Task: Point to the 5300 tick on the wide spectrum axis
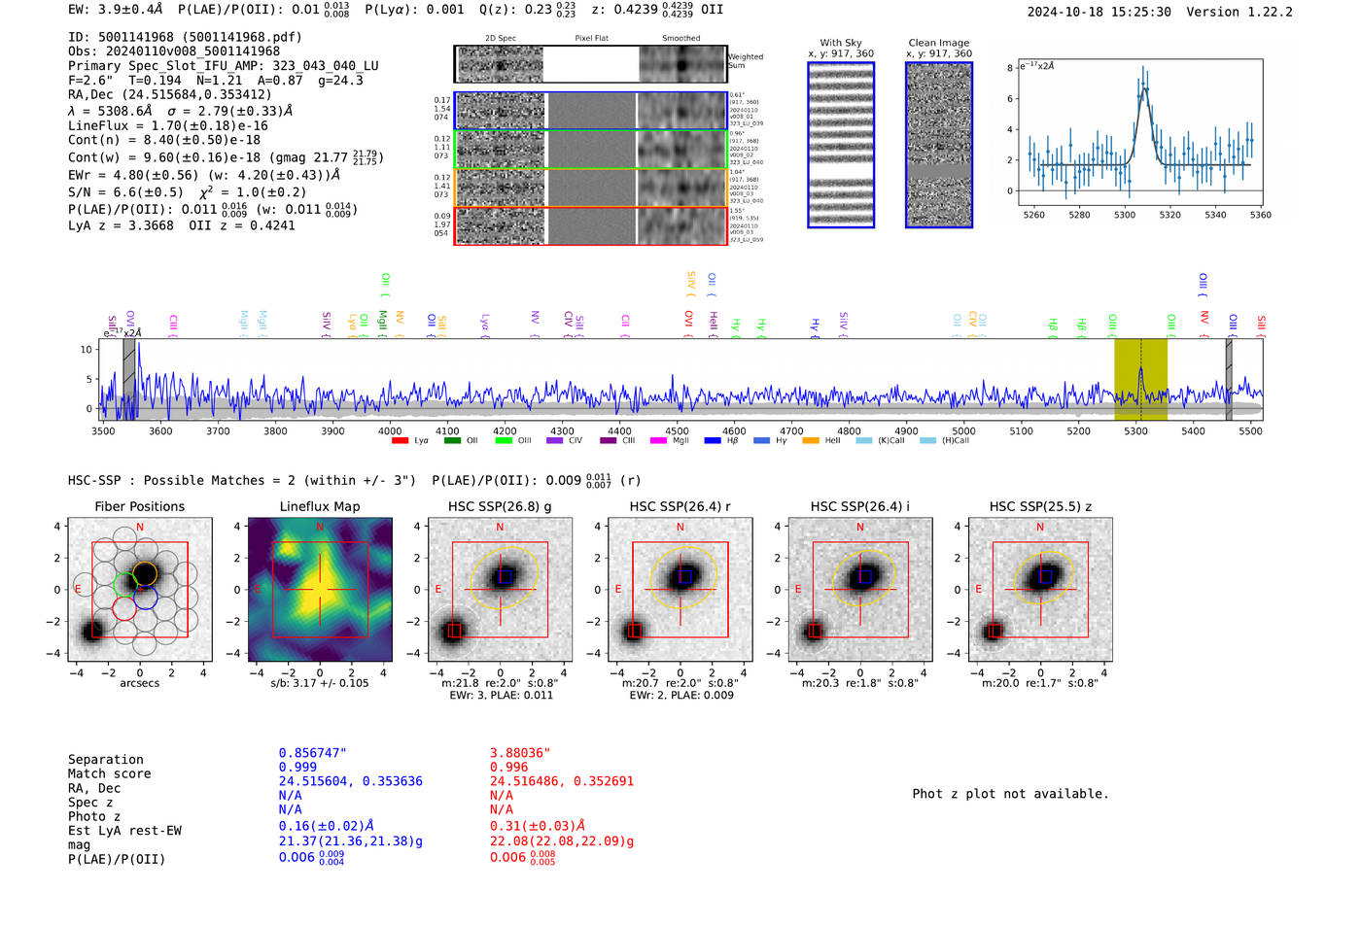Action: click(x=1135, y=430)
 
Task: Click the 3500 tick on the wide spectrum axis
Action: click(x=103, y=430)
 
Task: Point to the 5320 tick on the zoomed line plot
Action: click(x=1169, y=215)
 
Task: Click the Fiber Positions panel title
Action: click(x=139, y=506)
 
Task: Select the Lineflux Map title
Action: click(x=320, y=506)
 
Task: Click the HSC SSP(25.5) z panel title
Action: click(x=1040, y=506)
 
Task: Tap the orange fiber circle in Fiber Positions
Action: click(x=144, y=573)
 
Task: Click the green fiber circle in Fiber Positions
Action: click(x=124, y=585)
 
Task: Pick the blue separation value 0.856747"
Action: click(x=312, y=753)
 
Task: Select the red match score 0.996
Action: click(x=509, y=767)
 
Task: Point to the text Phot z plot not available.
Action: click(x=1010, y=794)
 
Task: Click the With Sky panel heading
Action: click(x=840, y=43)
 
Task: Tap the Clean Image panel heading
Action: click(x=938, y=43)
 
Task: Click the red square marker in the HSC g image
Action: click(x=454, y=632)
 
